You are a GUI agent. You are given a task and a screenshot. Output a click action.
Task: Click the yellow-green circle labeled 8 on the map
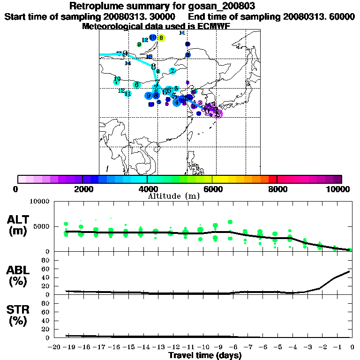tap(161, 38)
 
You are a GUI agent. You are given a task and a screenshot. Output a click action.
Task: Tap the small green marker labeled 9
tap(139, 45)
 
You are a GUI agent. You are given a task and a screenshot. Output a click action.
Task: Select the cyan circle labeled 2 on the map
tap(172, 71)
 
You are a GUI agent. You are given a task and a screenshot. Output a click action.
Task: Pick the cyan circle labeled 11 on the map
tap(127, 94)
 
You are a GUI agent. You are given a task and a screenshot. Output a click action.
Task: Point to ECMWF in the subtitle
tap(215, 26)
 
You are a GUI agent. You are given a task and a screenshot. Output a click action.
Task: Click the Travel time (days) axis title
tap(205, 356)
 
